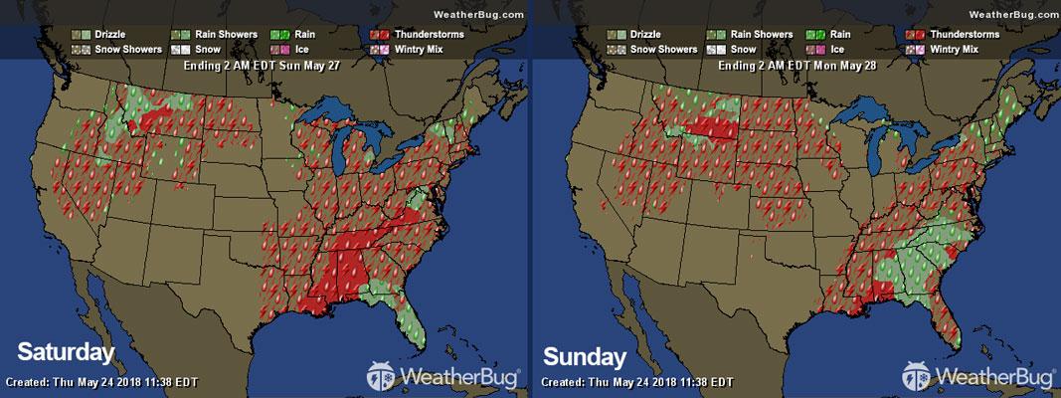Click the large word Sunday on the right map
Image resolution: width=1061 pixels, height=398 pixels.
pyautogui.click(x=585, y=355)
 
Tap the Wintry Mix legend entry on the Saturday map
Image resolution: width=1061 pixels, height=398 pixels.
pyautogui.click(x=413, y=48)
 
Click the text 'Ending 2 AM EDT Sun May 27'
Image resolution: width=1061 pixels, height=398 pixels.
pyautogui.click(x=264, y=66)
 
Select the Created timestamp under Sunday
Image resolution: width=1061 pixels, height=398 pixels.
pyautogui.click(x=636, y=382)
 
